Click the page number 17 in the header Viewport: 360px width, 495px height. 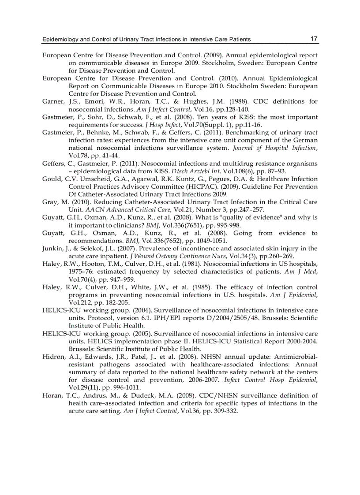point(314,39)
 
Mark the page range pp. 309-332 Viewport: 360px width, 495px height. point(217,411)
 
